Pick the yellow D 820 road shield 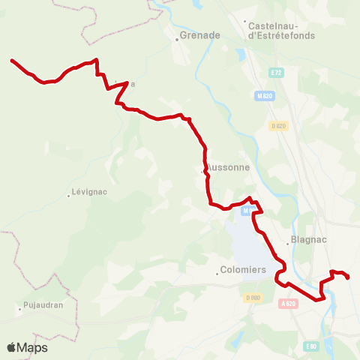[x=279, y=126]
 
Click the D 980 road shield [x=252, y=298]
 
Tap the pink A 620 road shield [x=289, y=304]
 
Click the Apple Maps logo [x=27, y=347]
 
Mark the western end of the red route [x=11, y=60]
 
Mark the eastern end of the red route [x=349, y=278]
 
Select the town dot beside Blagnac [x=287, y=243]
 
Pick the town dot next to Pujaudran [x=20, y=307]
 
